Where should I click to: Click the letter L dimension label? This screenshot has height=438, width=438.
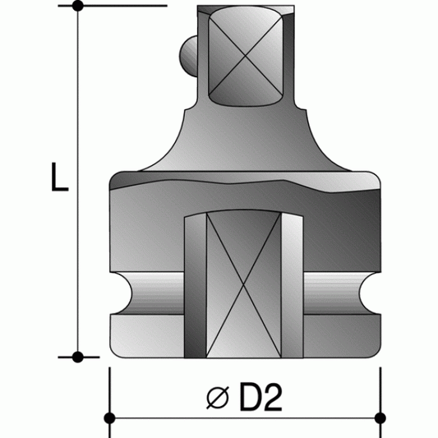58,178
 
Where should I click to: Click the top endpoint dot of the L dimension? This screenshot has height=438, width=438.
78,7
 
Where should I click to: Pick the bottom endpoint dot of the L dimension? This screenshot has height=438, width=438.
78,357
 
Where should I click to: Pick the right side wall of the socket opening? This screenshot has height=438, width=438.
297,288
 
